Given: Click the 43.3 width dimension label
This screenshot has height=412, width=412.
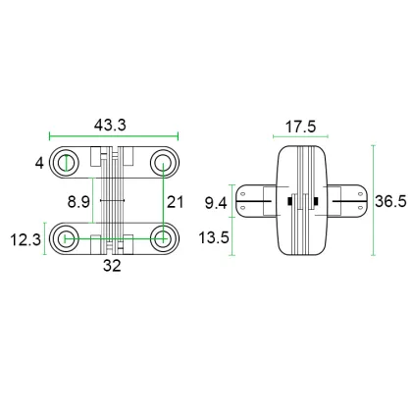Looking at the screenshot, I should (x=113, y=126).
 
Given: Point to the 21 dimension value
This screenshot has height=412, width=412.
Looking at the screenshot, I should (x=175, y=202).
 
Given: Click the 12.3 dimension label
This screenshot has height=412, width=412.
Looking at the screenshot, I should (x=29, y=239).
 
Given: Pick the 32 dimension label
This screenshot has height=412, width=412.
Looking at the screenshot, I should (x=113, y=264).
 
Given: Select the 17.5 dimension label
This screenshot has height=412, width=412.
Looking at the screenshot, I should (x=300, y=126).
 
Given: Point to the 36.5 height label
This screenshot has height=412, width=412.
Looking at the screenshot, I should (x=391, y=201).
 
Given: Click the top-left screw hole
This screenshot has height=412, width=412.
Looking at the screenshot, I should (x=67, y=163).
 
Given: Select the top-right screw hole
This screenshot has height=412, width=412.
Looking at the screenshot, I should (x=161, y=163).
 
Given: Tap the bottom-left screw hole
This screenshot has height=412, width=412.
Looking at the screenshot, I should (x=67, y=237).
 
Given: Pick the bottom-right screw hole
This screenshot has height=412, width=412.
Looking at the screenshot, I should (x=161, y=237).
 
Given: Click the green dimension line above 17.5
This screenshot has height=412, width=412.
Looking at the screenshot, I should (x=300, y=137).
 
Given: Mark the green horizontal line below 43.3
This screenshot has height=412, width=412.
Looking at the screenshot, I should (x=113, y=137).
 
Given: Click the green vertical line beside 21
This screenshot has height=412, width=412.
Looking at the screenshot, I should (x=161, y=201).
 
